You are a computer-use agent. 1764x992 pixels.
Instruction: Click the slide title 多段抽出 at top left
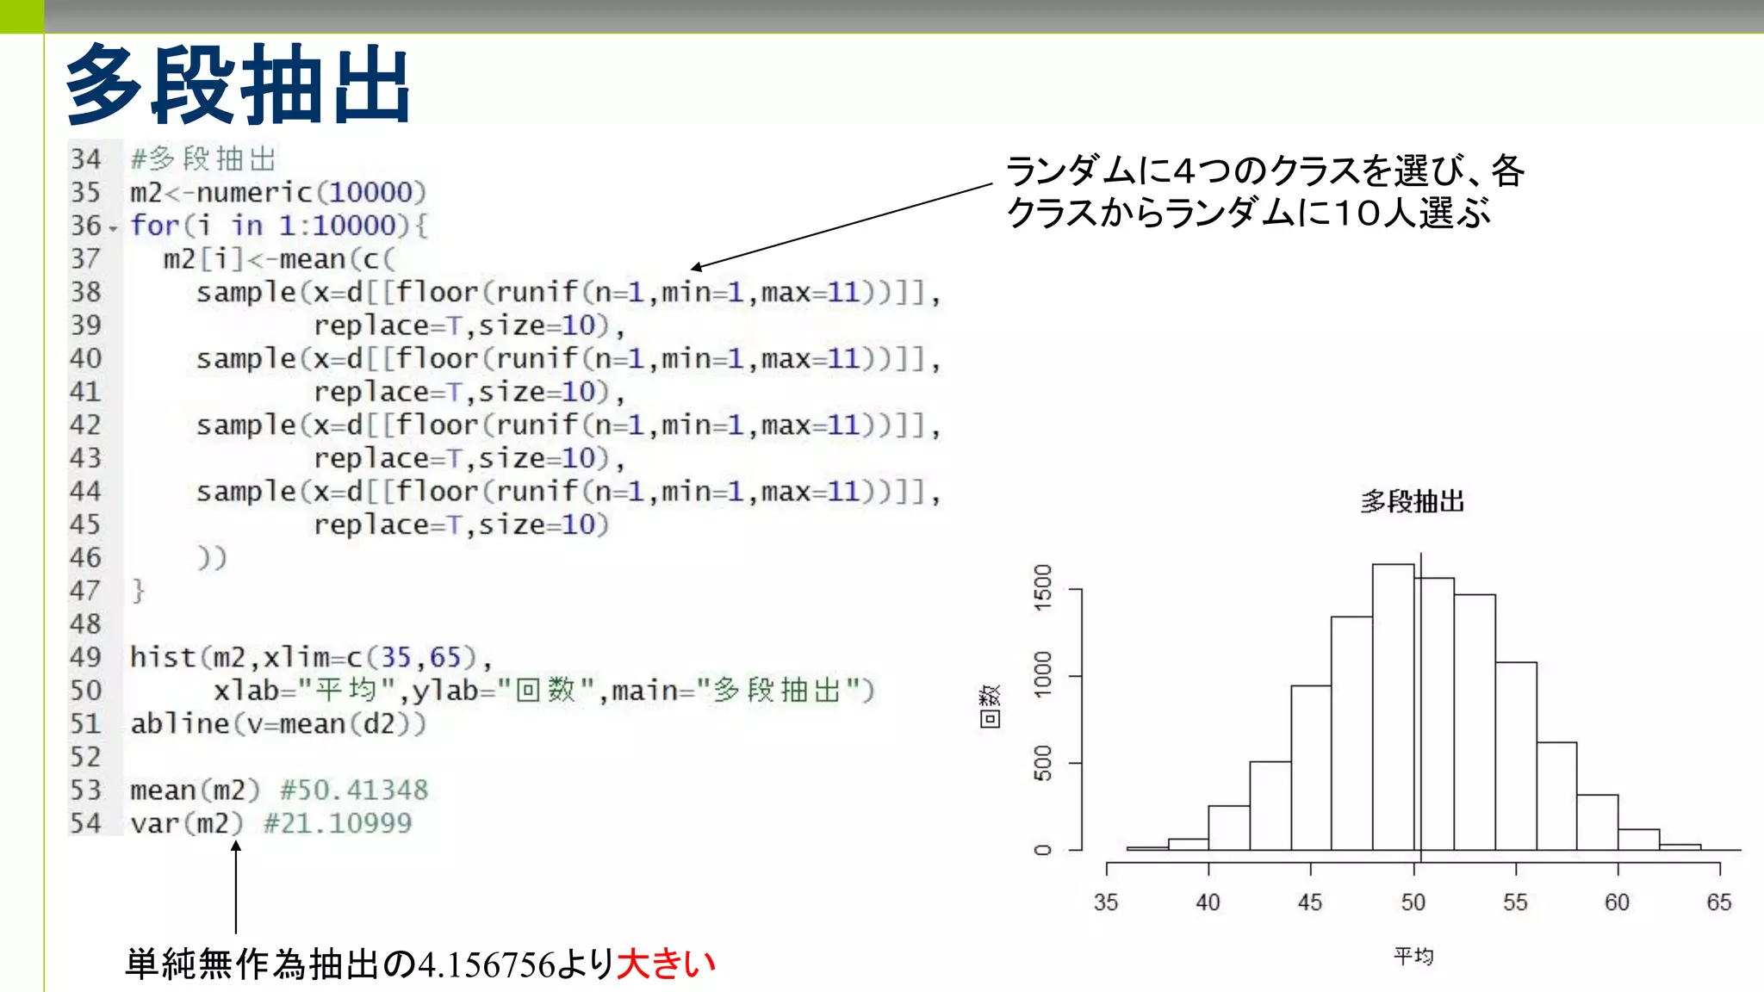pos(238,84)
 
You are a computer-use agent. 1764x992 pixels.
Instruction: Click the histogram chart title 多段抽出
pos(1412,501)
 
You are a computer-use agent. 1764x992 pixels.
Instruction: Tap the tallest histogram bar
pos(1393,706)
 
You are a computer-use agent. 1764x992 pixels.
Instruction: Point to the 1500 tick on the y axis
pos(1043,588)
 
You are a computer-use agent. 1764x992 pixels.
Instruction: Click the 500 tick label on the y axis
pos(1043,763)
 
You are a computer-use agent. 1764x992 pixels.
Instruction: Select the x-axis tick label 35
pos(1106,902)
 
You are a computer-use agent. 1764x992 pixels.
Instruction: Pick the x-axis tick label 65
pos(1718,902)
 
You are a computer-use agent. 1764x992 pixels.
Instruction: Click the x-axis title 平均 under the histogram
pos(1413,956)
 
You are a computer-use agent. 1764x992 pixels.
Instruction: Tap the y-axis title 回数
pos(991,706)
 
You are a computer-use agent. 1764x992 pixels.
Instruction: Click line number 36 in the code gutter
pos(86,226)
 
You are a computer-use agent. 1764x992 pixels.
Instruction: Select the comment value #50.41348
pos(354,790)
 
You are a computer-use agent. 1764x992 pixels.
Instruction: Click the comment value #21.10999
pos(338,823)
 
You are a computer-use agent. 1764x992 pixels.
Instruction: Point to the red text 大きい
pos(667,964)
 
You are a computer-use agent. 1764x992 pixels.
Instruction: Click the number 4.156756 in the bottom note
pos(487,964)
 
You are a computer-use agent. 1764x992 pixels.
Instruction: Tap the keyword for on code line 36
pos(155,226)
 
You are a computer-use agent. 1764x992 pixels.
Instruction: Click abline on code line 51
pos(180,723)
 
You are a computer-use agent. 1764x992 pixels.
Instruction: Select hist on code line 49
pos(163,657)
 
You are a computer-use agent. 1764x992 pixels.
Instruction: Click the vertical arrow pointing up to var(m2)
pos(235,887)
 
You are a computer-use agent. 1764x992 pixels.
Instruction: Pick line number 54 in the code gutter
pos(86,823)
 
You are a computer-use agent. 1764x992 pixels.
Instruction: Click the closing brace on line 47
pos(138,591)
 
